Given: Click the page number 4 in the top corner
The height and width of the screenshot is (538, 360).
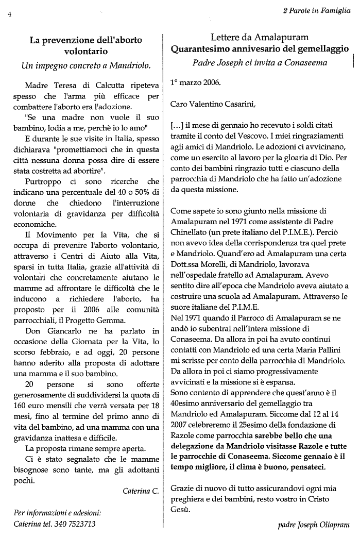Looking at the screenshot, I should [x=9, y=14].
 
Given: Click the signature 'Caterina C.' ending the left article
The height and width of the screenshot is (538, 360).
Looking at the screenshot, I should [x=141, y=491].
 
